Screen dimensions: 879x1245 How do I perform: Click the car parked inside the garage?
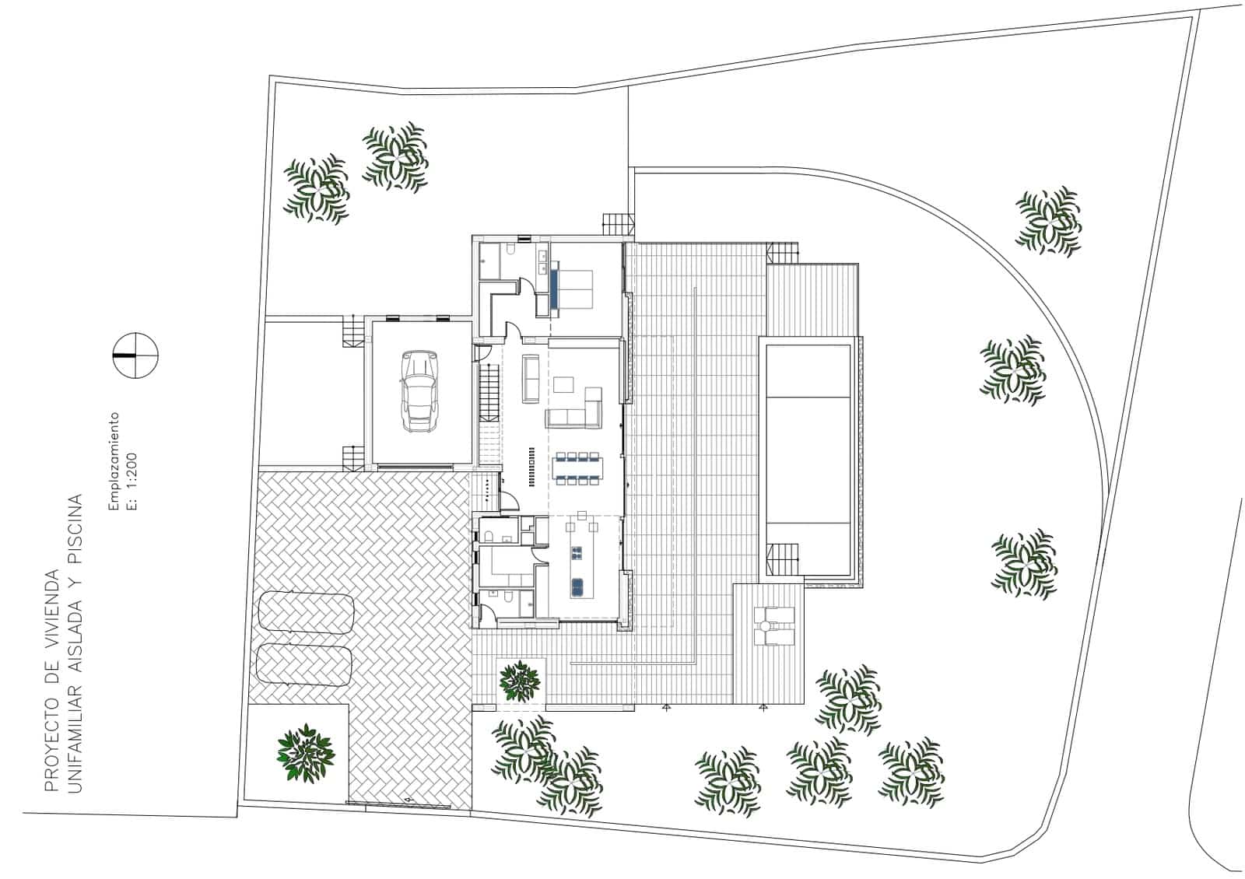click(418, 390)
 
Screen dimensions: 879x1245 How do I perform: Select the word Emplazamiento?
click(114, 461)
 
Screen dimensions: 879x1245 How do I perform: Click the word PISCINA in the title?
click(75, 517)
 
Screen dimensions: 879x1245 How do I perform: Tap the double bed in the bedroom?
click(572, 288)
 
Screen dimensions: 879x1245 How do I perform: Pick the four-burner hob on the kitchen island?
click(577, 554)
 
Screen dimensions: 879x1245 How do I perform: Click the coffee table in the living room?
click(564, 383)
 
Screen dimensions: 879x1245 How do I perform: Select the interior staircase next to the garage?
click(488, 392)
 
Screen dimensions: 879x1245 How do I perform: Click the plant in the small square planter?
click(520, 679)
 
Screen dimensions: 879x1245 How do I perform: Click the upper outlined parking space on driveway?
click(306, 612)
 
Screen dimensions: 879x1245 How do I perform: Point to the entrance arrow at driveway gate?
click(408, 799)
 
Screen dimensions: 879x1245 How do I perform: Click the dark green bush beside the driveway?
click(306, 752)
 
